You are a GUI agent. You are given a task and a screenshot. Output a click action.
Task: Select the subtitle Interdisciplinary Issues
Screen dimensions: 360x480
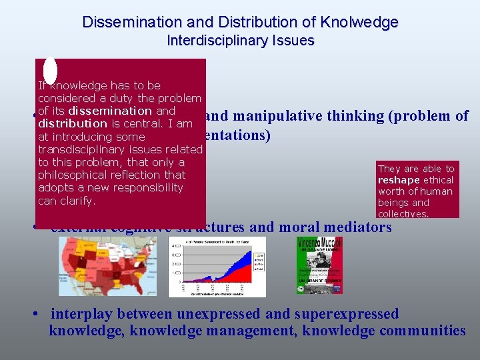(240, 41)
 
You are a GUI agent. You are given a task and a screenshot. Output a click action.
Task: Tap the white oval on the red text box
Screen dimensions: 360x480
(50, 71)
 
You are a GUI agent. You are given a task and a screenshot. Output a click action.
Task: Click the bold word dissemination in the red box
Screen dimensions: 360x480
(110, 111)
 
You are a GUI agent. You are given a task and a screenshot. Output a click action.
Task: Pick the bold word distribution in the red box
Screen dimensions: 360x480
(73, 124)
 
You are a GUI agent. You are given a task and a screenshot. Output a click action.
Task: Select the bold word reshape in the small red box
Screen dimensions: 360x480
(398, 180)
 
